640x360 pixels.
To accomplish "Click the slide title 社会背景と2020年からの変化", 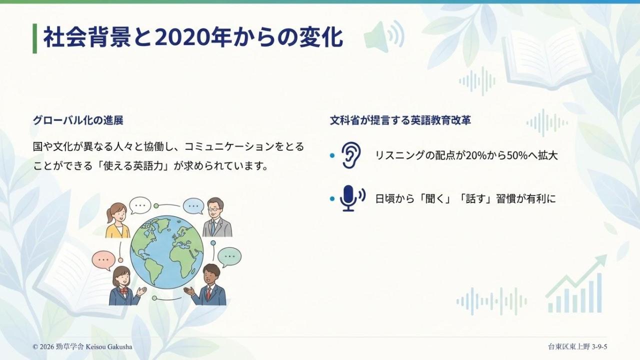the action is [x=193, y=37].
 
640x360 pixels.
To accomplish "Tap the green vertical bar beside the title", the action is [x=35, y=38].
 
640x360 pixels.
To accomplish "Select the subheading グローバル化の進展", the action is [x=78, y=120].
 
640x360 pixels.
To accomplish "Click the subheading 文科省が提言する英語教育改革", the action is [x=400, y=120].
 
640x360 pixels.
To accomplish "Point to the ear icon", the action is [x=351, y=155].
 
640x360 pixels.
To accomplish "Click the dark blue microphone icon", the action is [x=352, y=198].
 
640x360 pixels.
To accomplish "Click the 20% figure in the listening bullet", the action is [x=476, y=155].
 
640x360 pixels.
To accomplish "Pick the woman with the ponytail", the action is [x=117, y=220].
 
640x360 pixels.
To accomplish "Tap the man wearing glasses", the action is [x=217, y=217].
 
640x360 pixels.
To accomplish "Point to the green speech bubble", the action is [x=229, y=257].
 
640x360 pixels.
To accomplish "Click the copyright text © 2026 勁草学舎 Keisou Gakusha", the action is [x=82, y=347].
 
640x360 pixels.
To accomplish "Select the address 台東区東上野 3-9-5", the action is [x=577, y=347].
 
